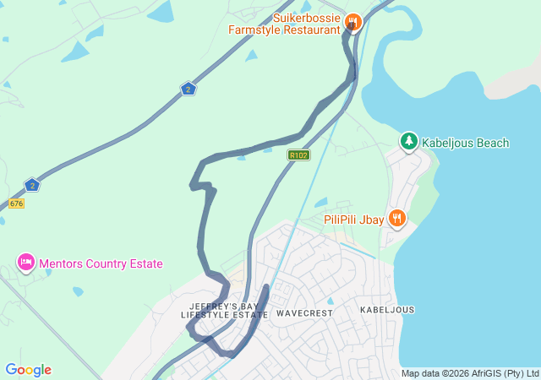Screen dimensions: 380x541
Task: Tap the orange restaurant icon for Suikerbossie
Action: tap(353, 22)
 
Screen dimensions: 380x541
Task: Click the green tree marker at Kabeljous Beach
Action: tap(409, 140)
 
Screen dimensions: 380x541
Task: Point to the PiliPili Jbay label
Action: tap(354, 220)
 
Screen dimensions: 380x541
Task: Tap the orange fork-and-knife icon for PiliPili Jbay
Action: tap(397, 219)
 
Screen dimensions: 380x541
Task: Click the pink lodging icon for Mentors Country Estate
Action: tap(25, 263)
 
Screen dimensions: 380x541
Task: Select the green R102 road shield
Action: tap(298, 155)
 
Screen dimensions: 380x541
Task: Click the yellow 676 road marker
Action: tap(16, 204)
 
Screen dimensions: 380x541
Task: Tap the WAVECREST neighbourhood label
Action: tap(304, 313)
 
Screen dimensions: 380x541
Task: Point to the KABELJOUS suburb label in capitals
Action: tap(387, 310)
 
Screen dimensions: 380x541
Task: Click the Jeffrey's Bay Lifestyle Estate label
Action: tap(224, 310)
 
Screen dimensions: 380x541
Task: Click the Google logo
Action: tap(28, 370)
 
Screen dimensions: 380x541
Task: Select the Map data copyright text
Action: tap(470, 373)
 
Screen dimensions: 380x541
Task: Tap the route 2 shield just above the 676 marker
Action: tap(31, 184)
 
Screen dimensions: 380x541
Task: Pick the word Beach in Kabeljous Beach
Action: tap(493, 143)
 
